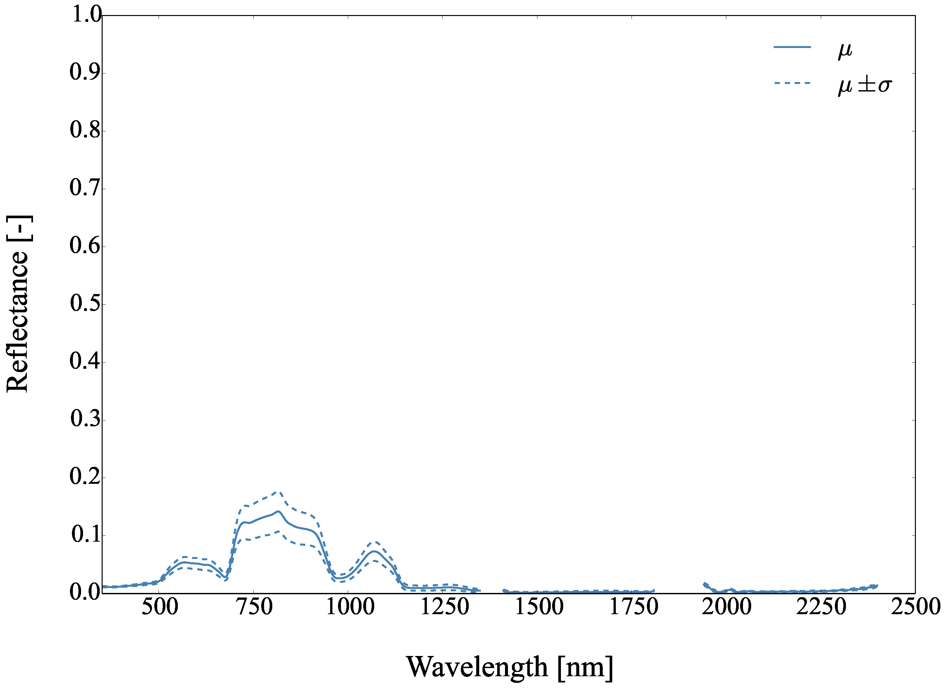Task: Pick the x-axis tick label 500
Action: pyautogui.click(x=160, y=607)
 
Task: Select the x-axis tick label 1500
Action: pyautogui.click(x=539, y=607)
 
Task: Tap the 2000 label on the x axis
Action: pyautogui.click(x=727, y=607)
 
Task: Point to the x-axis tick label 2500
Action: pyautogui.click(x=915, y=607)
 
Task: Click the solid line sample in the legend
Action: pyautogui.click(x=792, y=47)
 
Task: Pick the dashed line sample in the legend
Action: pyautogui.click(x=792, y=83)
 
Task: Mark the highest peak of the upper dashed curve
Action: pyautogui.click(x=278, y=492)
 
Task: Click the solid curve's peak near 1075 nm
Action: pyautogui.click(x=375, y=551)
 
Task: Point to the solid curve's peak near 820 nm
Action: pyautogui.click(x=278, y=511)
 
